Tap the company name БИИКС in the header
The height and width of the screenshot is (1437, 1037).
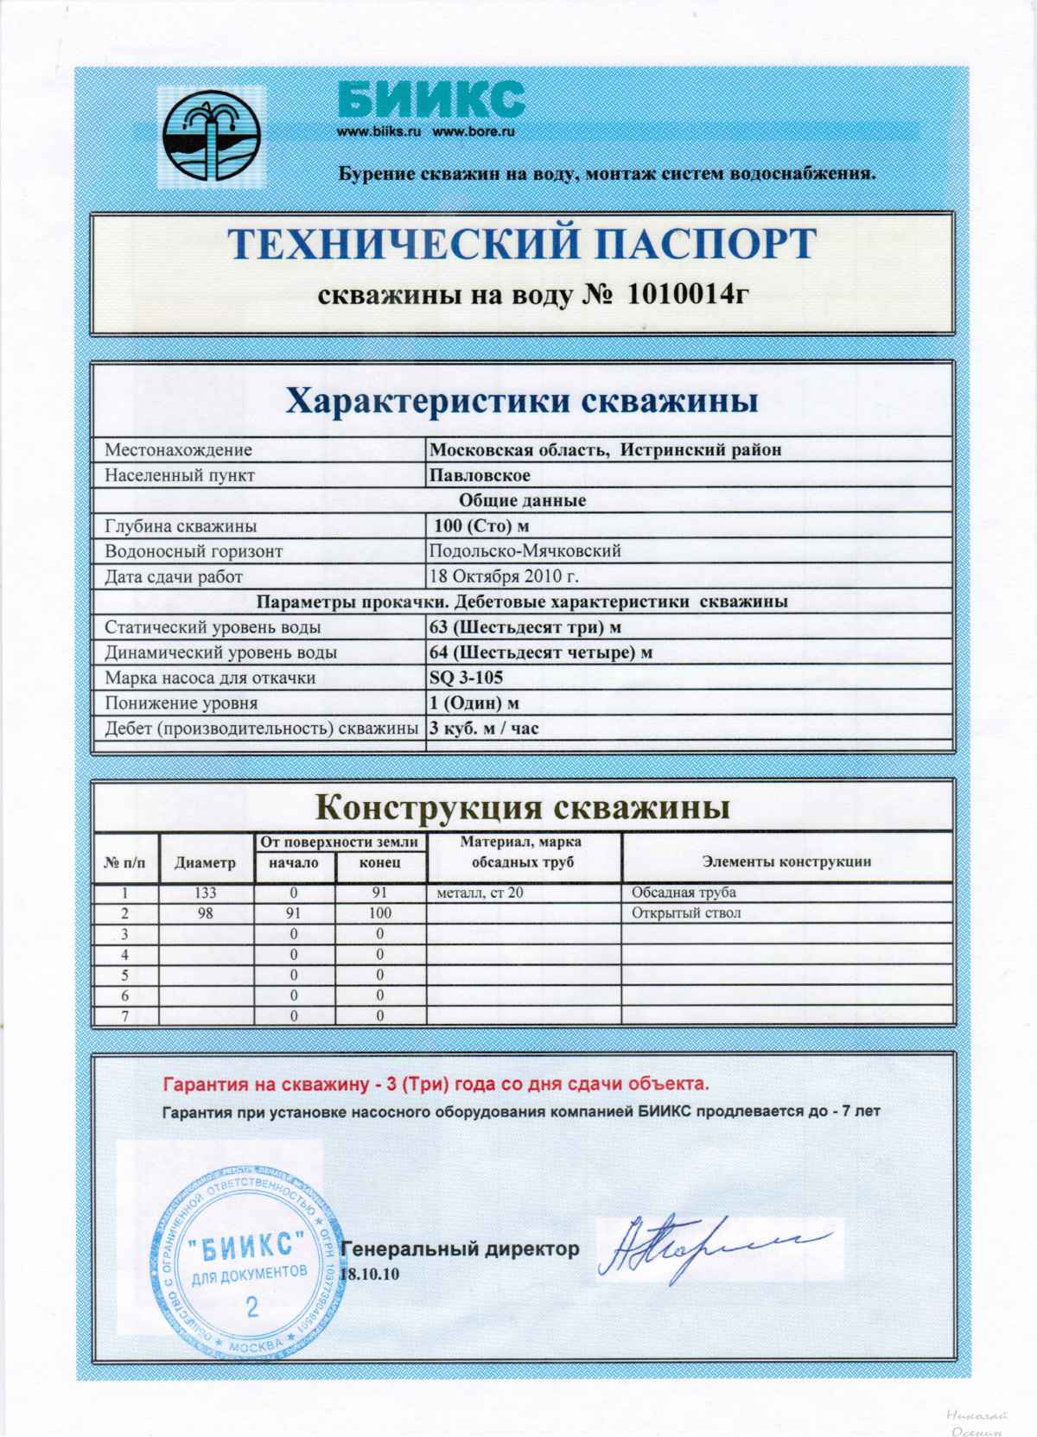pos(430,99)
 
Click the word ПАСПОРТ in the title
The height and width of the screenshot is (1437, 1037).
pos(697,245)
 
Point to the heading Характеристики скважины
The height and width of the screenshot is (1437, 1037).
pos(522,401)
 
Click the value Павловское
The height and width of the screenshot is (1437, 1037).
pos(480,475)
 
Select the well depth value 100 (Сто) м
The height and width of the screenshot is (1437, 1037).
pos(481,525)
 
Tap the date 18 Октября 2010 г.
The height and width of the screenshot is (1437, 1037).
pos(504,576)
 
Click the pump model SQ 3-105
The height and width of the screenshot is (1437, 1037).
pos(466,677)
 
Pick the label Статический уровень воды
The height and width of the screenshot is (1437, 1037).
pos(213,627)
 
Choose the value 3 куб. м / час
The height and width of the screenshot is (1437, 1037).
pos(484,728)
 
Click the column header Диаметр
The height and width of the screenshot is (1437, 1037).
pos(205,862)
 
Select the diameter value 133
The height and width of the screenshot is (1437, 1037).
pos(206,893)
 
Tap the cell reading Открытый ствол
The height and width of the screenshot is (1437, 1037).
pos(686,913)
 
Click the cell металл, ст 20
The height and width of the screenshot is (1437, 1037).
pos(480,893)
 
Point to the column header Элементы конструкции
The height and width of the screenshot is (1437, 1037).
pos(786,862)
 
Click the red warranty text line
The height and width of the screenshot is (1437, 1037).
pos(436,1084)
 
